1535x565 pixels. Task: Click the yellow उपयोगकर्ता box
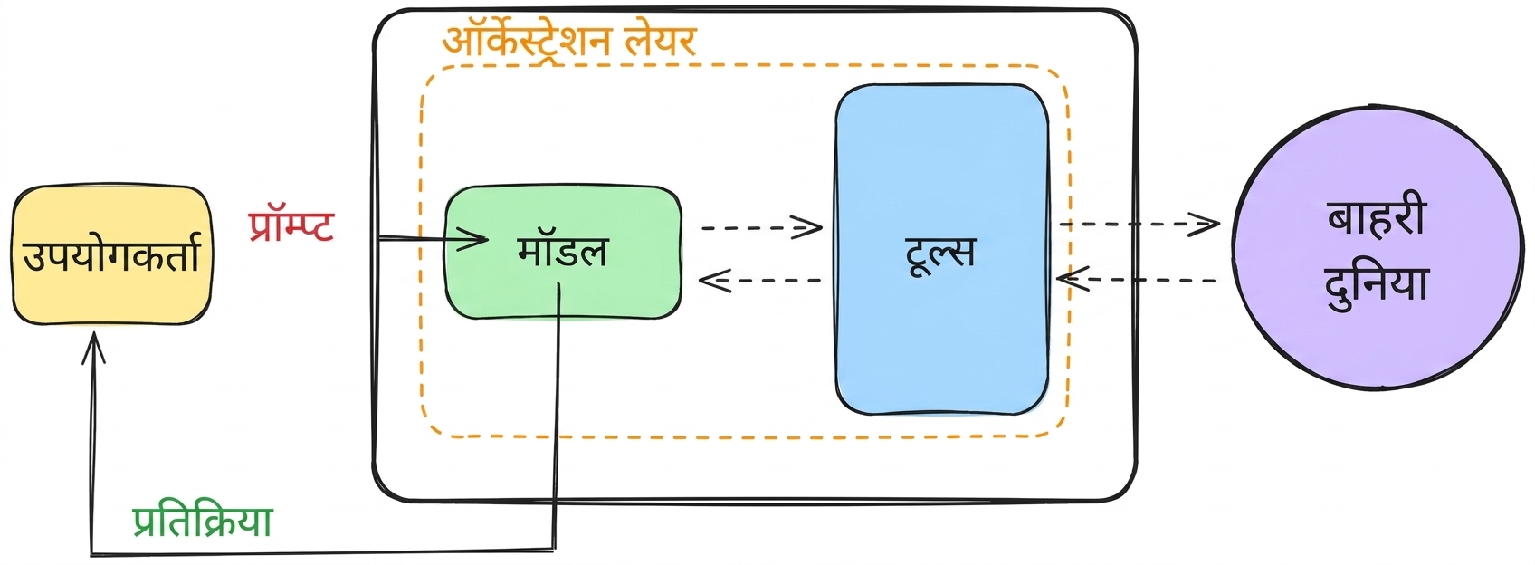coord(112,255)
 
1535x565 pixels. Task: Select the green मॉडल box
coord(563,252)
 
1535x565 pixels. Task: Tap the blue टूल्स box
coord(941,250)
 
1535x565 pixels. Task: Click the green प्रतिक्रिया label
coord(202,522)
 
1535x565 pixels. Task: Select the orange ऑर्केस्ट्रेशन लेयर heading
coord(568,40)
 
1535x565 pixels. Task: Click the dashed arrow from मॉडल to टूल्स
coord(761,227)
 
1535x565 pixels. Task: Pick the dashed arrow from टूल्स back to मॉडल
coord(759,281)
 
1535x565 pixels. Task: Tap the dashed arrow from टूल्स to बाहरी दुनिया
coord(1139,224)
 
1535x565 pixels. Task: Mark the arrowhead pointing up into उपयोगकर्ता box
coord(93,348)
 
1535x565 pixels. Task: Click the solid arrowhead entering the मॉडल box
coord(472,239)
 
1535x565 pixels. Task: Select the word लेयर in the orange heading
coord(661,41)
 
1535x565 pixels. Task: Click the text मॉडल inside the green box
coord(562,251)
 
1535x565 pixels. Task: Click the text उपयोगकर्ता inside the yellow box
coord(111,255)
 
